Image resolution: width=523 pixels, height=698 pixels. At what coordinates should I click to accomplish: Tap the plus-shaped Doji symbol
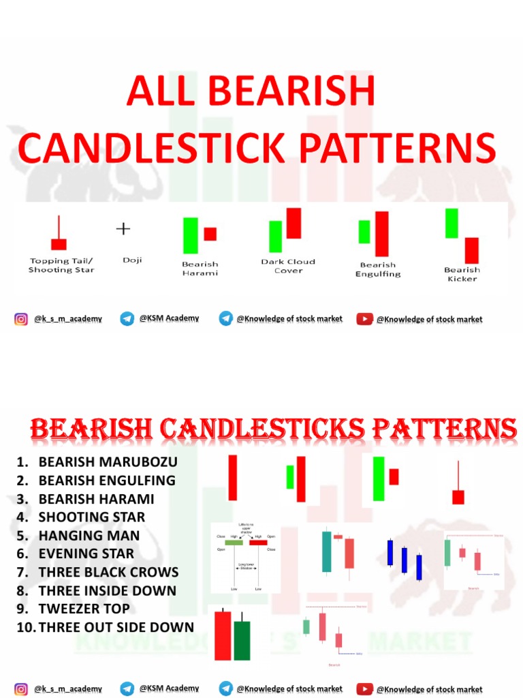[x=123, y=229]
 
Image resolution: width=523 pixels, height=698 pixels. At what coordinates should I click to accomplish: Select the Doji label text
[x=132, y=260]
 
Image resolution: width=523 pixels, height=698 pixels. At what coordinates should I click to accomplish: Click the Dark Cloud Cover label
[x=288, y=266]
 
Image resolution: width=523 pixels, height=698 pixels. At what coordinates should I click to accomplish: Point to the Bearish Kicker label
[x=462, y=274]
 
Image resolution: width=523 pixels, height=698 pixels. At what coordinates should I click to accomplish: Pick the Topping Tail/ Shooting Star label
[x=61, y=265]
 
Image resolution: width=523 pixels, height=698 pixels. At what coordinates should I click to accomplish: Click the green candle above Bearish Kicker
[x=451, y=224]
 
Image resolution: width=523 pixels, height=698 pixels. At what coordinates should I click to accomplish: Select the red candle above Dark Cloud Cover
[x=294, y=223]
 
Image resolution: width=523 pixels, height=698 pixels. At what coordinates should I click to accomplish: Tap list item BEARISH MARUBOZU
[x=108, y=461]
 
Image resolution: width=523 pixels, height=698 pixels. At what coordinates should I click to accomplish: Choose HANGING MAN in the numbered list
[x=89, y=535]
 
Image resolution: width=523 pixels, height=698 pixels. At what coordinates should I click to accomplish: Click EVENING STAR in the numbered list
[x=86, y=553]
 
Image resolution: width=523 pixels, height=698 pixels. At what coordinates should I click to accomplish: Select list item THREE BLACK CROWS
[x=108, y=572]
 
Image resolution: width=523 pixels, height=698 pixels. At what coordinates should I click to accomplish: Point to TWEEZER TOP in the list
[x=84, y=609]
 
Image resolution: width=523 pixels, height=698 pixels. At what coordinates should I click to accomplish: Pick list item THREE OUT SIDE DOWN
[x=116, y=627]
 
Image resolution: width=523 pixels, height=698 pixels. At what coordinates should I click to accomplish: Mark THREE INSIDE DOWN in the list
[x=107, y=590]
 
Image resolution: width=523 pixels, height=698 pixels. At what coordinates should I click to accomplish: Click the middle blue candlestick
[x=405, y=560]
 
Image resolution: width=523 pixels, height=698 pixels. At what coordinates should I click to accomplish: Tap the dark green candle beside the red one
[x=242, y=640]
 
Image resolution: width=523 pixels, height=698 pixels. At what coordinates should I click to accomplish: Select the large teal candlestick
[x=327, y=551]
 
